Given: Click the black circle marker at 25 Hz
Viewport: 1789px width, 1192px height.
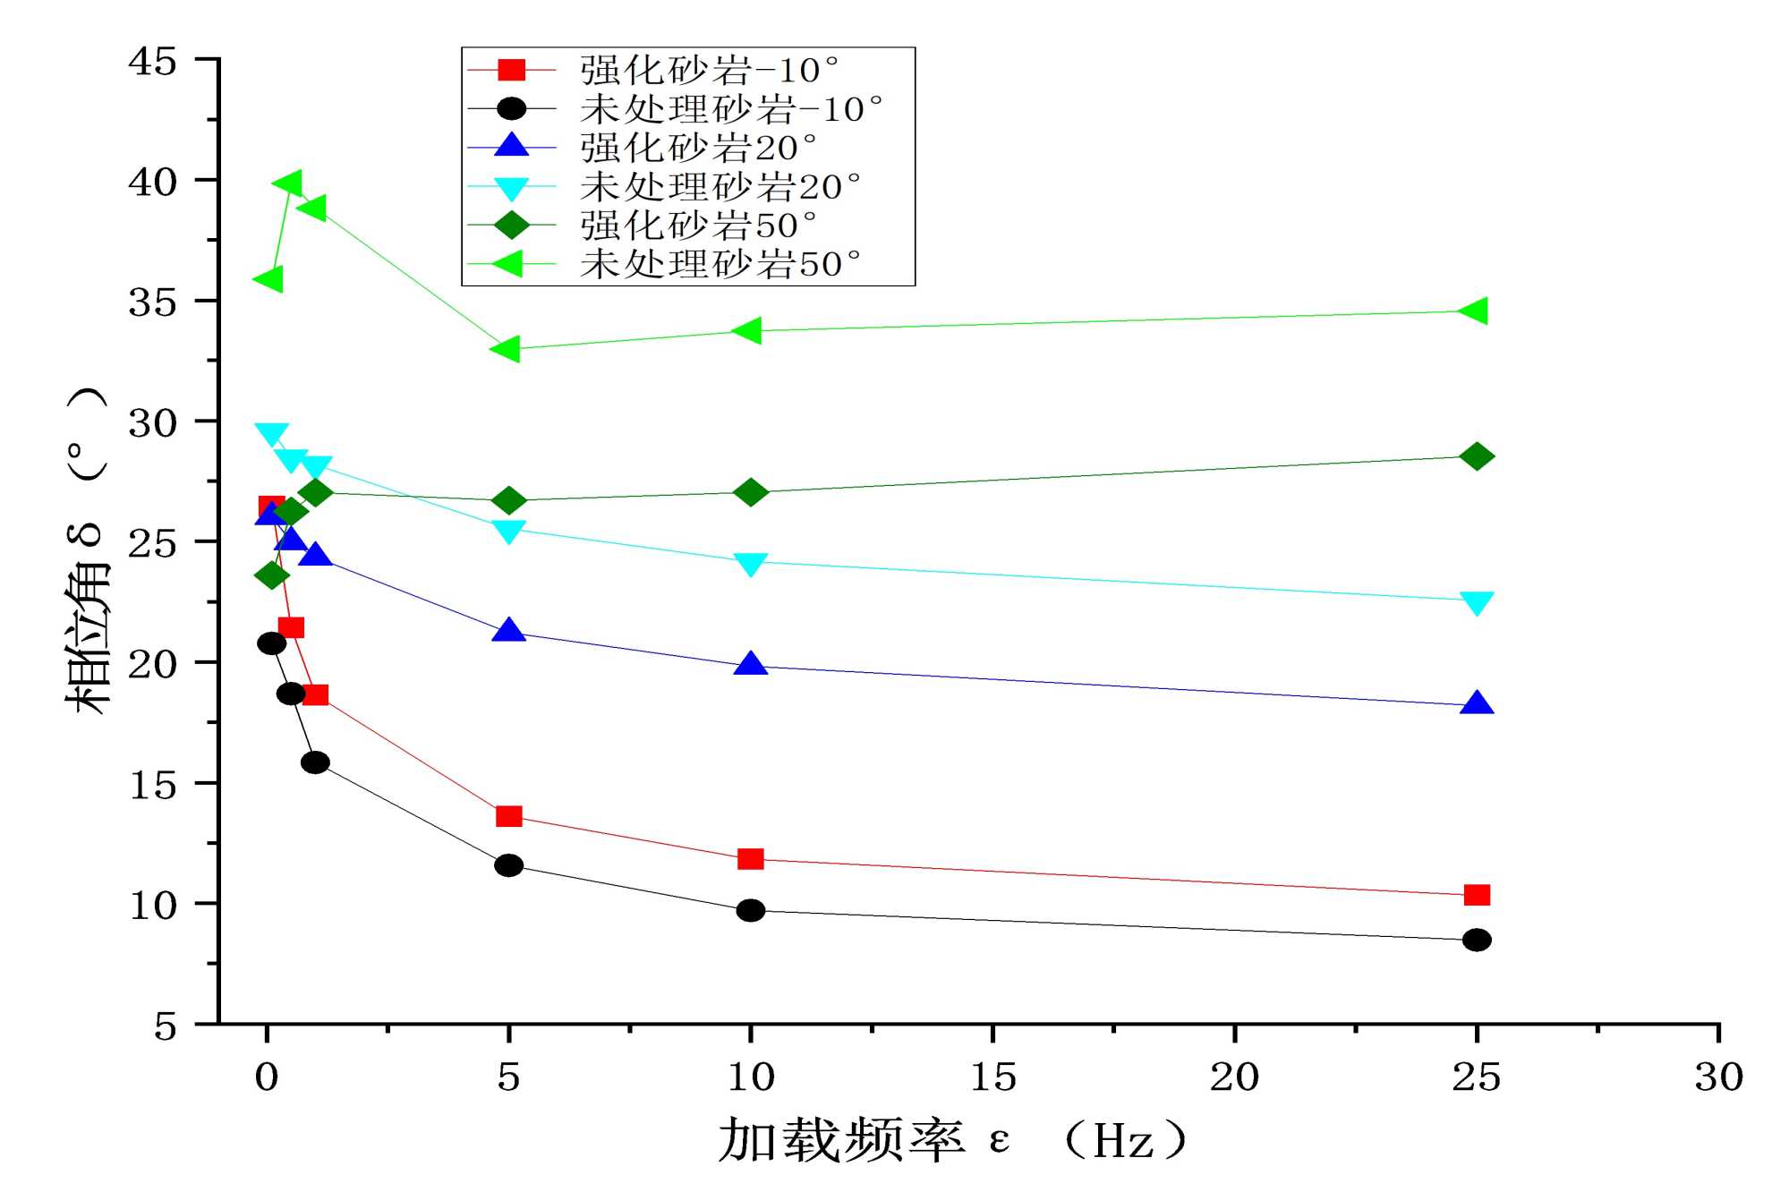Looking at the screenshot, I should pyautogui.click(x=1476, y=940).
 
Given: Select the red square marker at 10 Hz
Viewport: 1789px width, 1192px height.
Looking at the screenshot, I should pyautogui.click(x=750, y=859).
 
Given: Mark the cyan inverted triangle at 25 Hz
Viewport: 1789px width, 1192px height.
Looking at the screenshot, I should pyautogui.click(x=1476, y=602).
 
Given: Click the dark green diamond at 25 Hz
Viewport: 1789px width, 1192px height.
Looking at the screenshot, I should pyautogui.click(x=1476, y=456).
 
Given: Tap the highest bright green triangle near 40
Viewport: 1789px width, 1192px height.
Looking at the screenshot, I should pyautogui.click(x=288, y=184).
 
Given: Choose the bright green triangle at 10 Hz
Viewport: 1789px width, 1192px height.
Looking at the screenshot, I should pyautogui.click(x=747, y=330).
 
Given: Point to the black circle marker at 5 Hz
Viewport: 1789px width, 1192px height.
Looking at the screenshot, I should pyautogui.click(x=508, y=865).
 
